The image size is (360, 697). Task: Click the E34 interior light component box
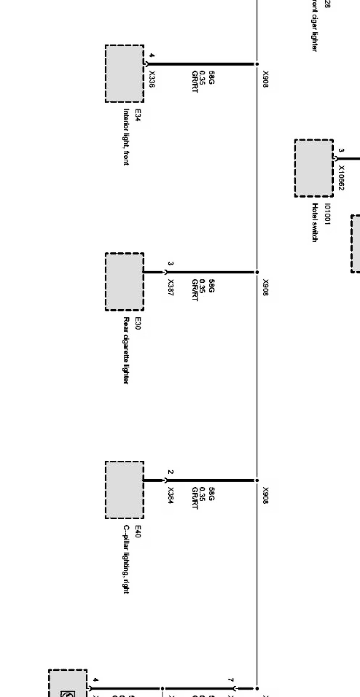124,74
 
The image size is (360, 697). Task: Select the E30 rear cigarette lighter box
124,282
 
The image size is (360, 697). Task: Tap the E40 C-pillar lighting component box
124,490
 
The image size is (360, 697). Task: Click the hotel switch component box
314,168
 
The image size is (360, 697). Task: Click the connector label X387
170,287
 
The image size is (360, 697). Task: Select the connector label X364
170,495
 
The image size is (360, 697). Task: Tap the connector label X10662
341,178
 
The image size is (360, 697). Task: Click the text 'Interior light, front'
126,137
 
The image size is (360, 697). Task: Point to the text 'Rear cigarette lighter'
126,350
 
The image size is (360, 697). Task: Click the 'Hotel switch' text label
315,222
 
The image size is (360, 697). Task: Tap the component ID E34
138,115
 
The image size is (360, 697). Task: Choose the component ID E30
138,323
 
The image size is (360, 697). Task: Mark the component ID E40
138,531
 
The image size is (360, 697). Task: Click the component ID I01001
327,214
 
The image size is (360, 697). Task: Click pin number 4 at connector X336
152,55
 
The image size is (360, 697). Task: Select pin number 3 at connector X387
170,264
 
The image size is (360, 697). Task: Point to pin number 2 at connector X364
170,472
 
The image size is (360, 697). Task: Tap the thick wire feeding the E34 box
200,64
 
